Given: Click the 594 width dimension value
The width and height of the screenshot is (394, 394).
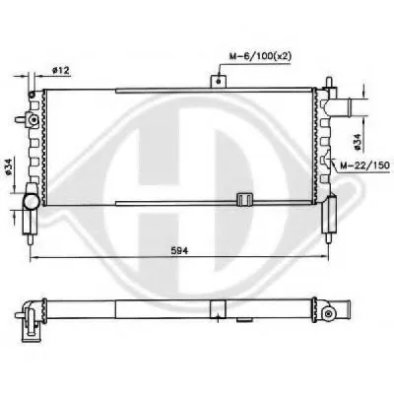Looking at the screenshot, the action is pos(179,251).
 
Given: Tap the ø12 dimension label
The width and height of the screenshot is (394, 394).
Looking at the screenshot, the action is pos(61,70).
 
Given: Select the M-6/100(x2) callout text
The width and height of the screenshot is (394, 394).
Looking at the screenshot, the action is pos(260,56).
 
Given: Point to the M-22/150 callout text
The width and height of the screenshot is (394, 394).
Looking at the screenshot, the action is pos(364,164).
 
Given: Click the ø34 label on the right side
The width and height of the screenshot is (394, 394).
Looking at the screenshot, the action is pos(358,142).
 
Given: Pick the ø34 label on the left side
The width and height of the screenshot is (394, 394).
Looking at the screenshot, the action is pos(9,167).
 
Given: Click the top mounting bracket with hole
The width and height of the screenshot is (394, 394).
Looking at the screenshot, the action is pos(219,81).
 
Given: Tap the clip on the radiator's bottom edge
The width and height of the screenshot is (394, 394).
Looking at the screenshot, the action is pos(245,199).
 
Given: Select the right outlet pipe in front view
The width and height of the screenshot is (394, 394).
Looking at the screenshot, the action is pos(340,106).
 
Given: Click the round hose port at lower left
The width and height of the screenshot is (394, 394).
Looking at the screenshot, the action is pos(31,201).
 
